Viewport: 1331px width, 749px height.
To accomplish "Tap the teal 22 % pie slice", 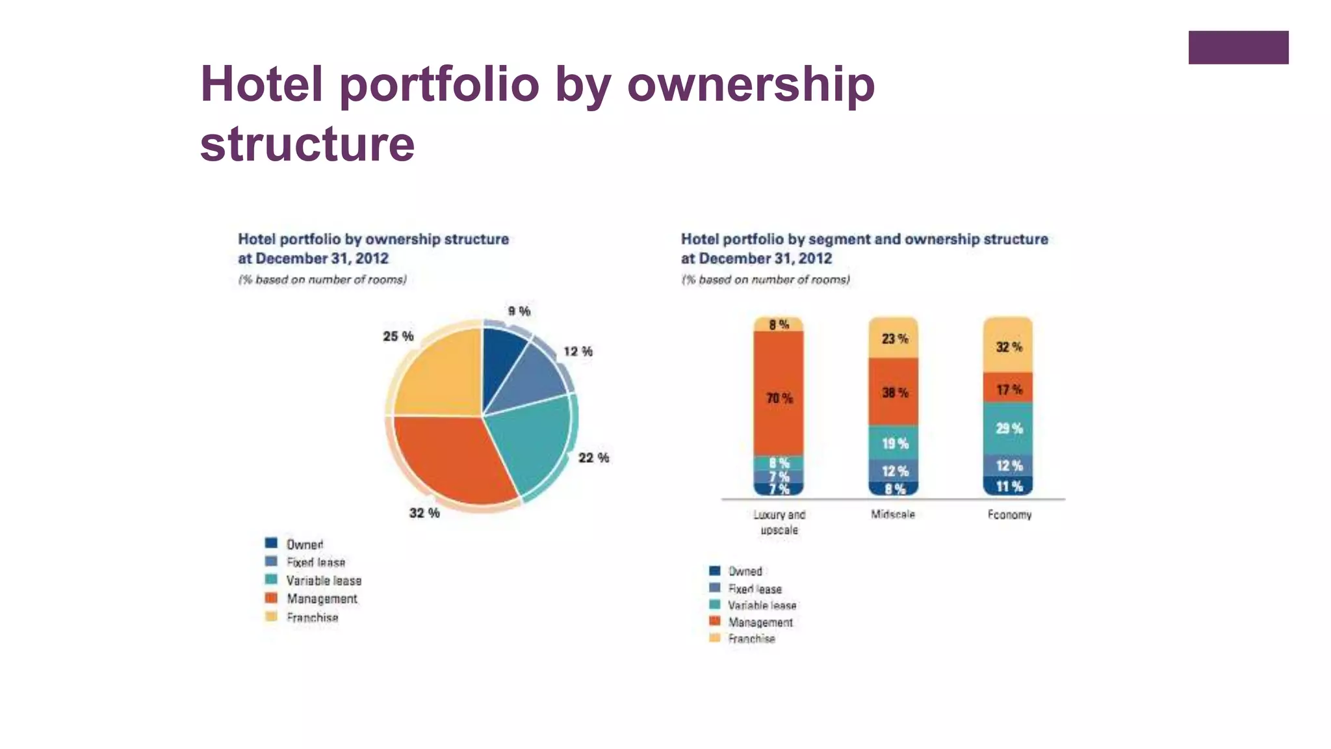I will [530, 442].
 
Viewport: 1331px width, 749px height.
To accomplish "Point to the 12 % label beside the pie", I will [578, 352].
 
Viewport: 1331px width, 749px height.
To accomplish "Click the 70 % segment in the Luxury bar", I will [779, 398].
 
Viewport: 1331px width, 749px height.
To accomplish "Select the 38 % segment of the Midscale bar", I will [894, 393].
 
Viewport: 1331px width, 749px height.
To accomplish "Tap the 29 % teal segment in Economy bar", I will [1009, 428].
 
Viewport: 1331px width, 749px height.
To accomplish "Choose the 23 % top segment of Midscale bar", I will [894, 339].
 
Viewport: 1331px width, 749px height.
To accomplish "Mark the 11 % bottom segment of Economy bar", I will [1009, 486].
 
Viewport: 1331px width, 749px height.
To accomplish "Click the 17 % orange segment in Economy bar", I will [1009, 389].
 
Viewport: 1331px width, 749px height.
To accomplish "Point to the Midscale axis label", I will [893, 514].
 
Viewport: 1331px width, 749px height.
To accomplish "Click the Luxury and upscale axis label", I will [779, 522].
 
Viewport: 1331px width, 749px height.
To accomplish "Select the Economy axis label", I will [1009, 514].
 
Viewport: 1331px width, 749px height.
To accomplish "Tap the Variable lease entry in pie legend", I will [323, 581].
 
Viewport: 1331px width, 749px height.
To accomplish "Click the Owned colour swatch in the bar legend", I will [715, 571].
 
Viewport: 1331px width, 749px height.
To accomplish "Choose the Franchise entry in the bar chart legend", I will [751, 638].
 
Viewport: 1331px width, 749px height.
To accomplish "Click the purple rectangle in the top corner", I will [1238, 47].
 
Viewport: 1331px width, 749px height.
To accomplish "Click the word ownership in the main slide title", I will [751, 85].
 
